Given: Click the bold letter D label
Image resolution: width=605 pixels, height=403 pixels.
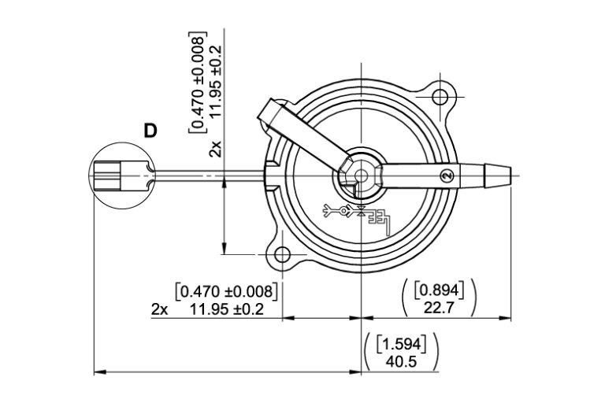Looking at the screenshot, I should point(150,131).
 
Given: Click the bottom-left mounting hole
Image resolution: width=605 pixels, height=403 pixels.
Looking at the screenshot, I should point(279,254).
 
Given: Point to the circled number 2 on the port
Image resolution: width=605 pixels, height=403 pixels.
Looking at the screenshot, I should point(447,174).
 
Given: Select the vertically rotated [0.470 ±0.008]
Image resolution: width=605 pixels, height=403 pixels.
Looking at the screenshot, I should point(197,83).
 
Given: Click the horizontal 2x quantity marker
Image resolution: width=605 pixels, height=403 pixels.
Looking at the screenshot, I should point(159,309).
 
